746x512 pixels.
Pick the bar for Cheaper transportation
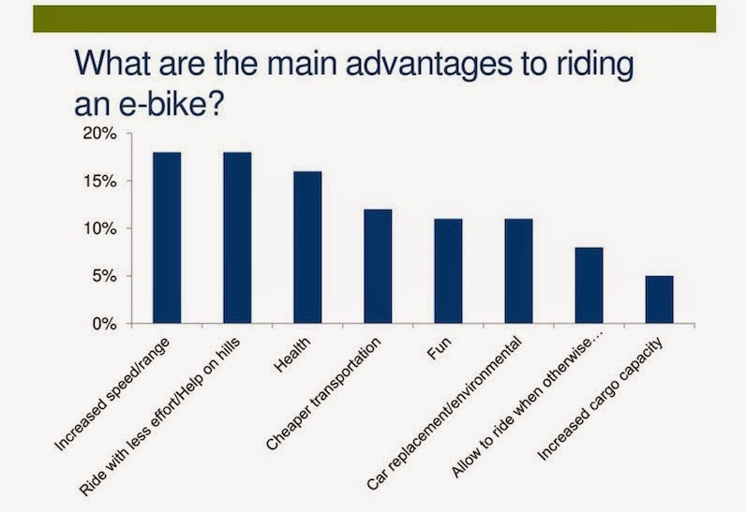point(378,267)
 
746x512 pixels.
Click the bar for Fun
point(448,271)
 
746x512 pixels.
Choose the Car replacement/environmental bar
point(518,271)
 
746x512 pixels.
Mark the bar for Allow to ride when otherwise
point(589,285)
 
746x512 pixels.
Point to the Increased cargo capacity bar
point(659,300)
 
